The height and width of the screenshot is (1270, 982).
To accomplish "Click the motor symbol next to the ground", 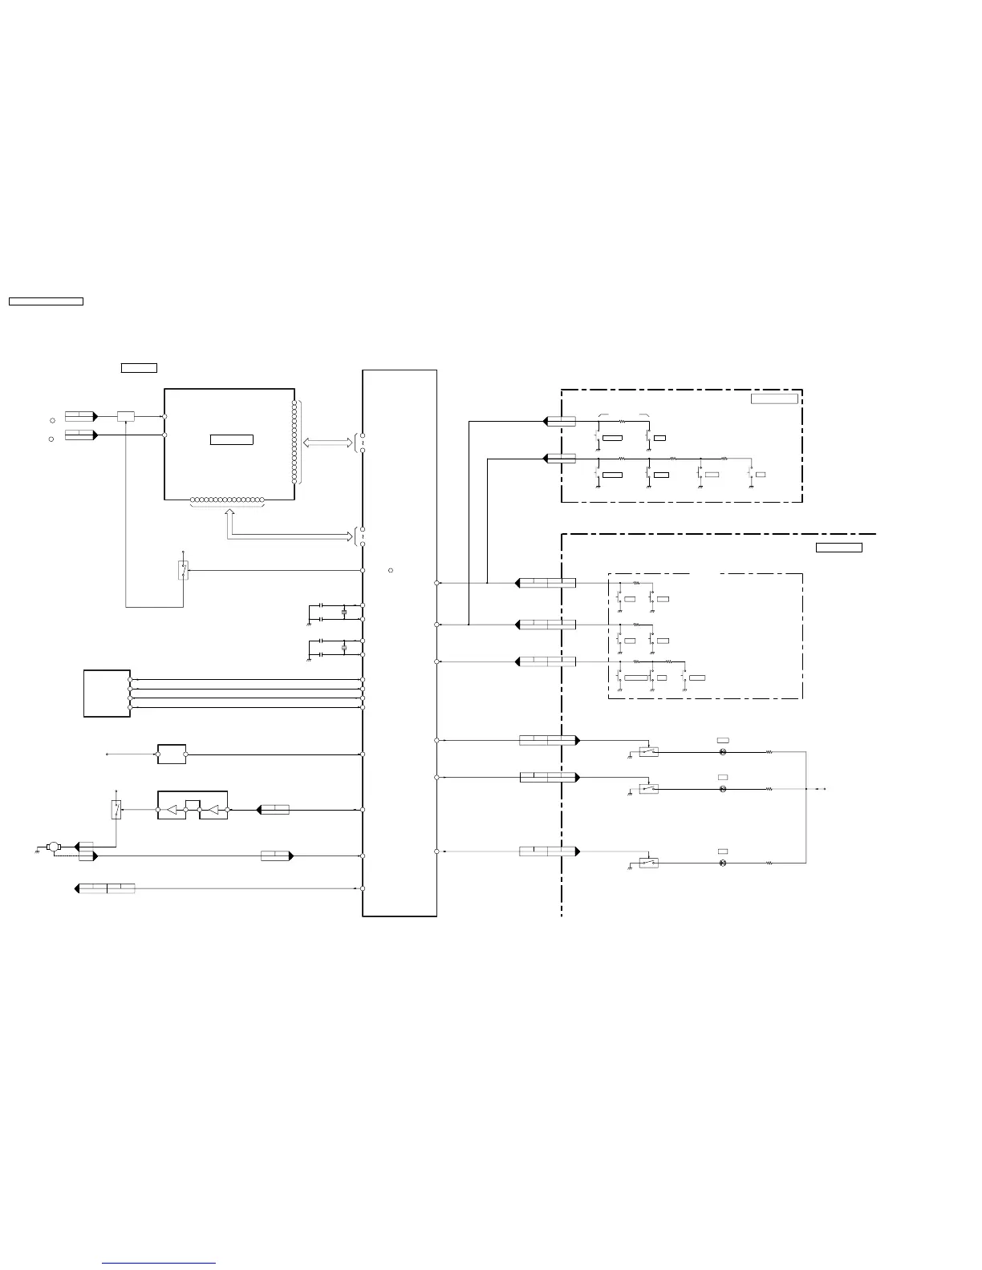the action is coord(54,846).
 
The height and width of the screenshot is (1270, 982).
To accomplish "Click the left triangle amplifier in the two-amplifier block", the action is coord(172,811).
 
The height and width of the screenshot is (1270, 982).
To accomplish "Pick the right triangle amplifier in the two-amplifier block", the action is coord(213,811).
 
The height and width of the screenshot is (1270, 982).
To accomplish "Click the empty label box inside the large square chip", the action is coord(231,439).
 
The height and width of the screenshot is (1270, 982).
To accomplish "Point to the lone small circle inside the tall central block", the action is coord(390,570).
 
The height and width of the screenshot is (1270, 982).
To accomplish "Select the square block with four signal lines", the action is coord(107,694).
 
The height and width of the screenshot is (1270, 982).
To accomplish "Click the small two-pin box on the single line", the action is coord(172,754).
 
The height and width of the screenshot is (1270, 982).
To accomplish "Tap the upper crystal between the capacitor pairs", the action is coord(343,612).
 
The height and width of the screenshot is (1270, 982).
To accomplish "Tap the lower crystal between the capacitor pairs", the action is coord(343,648).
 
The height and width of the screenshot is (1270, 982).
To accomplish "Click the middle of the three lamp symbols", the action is coord(723,789).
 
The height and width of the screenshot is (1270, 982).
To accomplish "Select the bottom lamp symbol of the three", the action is coord(723,864).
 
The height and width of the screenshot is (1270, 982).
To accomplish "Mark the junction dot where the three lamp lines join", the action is coord(805,789).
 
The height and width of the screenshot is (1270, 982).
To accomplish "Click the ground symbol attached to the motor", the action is coord(38,849).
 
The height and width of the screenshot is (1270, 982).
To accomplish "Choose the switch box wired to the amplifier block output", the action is coord(116,810).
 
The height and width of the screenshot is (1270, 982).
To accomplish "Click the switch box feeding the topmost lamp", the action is coord(649,752).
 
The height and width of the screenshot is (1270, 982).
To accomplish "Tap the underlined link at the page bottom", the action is coord(159,1263).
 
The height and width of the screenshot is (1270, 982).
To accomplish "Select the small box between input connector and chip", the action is coord(126,417).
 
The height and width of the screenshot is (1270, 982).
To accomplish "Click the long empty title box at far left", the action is coord(46,301).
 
